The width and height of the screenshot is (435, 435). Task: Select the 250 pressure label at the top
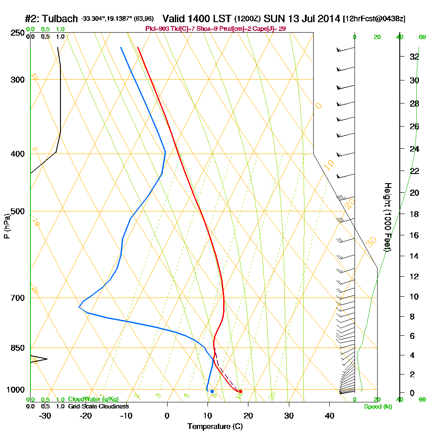(x=18, y=33)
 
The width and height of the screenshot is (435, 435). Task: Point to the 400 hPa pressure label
(x=18, y=154)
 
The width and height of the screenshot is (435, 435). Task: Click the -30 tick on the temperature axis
(x=45, y=415)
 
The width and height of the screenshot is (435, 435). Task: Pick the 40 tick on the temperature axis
(x=329, y=415)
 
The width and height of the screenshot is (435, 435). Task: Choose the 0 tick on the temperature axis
(x=167, y=415)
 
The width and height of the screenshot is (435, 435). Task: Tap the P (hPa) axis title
(x=7, y=226)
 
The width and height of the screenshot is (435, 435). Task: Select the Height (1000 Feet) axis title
(x=387, y=217)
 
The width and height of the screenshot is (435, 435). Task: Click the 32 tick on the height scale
(x=414, y=57)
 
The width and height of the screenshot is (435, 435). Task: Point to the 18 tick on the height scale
(x=414, y=214)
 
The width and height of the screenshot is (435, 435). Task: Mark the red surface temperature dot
(x=241, y=391)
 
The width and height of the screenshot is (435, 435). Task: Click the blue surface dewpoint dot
(x=212, y=391)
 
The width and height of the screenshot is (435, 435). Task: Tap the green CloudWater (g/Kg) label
(x=93, y=399)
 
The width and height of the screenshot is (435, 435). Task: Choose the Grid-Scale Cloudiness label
(x=98, y=406)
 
